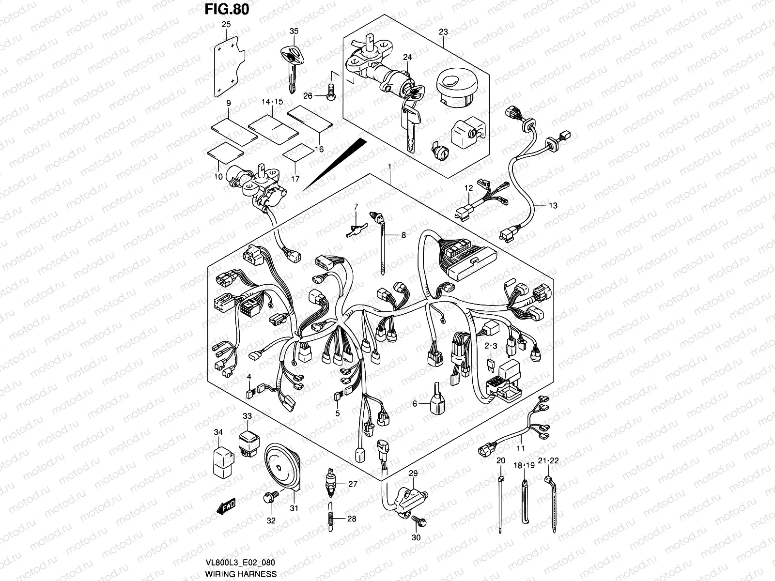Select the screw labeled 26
pyautogui.click(x=331, y=92)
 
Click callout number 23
pyautogui.click(x=443, y=32)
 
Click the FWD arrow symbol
pyautogui.click(x=226, y=507)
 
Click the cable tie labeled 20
pyautogui.click(x=500, y=504)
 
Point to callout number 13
pyautogui.click(x=553, y=205)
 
